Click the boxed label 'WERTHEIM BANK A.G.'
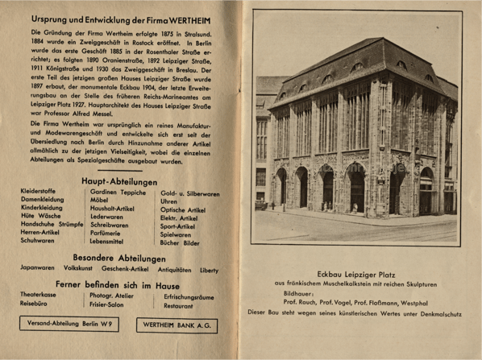click(177, 325)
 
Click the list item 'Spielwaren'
click(177, 232)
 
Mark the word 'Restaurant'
click(179, 306)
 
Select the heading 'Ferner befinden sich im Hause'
click(122, 283)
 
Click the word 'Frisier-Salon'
click(110, 306)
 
